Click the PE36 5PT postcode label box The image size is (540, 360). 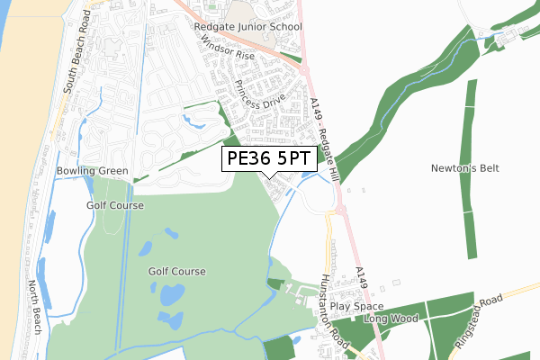click(269, 159)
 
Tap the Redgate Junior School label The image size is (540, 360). click(248, 28)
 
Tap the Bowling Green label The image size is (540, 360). click(92, 171)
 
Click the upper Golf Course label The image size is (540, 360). click(115, 205)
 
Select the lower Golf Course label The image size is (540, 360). click(177, 271)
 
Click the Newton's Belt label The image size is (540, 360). click(464, 168)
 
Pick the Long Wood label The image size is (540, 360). click(392, 319)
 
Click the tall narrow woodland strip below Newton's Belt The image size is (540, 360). click(472, 216)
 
